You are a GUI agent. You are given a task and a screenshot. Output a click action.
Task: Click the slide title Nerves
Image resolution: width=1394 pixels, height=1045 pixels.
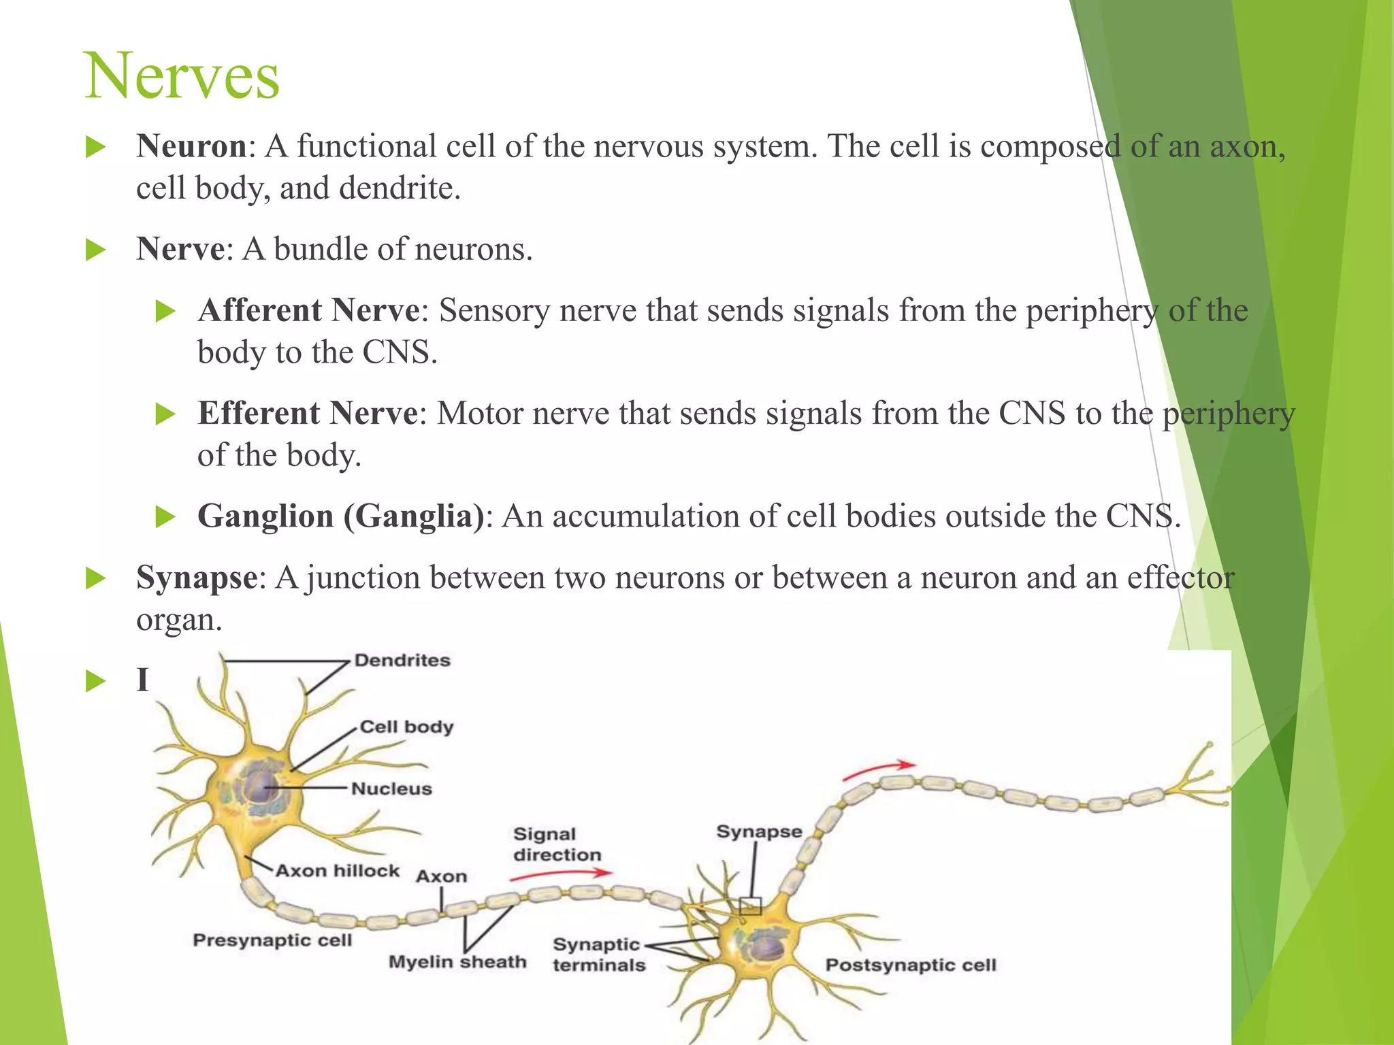pyautogui.click(x=182, y=76)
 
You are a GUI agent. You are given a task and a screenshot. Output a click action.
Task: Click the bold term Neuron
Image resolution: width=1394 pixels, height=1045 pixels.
pyautogui.click(x=191, y=146)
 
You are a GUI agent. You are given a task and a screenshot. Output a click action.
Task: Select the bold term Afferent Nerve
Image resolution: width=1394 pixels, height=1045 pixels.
pyautogui.click(x=309, y=311)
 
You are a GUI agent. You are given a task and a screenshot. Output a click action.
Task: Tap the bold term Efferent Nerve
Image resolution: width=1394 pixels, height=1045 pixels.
pyautogui.click(x=308, y=414)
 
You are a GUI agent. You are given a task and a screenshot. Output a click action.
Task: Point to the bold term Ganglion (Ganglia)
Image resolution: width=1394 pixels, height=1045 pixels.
pyautogui.click(x=341, y=516)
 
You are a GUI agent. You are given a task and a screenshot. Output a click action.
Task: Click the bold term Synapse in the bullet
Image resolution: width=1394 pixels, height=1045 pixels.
pyautogui.click(x=197, y=578)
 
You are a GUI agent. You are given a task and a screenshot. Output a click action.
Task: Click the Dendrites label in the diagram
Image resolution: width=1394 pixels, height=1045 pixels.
pyautogui.click(x=402, y=661)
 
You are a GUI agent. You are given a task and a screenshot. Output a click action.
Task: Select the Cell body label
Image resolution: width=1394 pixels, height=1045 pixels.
pyautogui.click(x=406, y=727)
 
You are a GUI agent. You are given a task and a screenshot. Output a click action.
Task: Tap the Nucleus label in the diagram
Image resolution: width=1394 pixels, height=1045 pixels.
pyautogui.click(x=391, y=789)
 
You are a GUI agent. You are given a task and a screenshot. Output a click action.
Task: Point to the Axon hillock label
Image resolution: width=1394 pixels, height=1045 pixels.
pyautogui.click(x=337, y=872)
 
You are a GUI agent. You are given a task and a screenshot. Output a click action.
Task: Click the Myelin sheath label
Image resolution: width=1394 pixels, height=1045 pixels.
pyautogui.click(x=457, y=962)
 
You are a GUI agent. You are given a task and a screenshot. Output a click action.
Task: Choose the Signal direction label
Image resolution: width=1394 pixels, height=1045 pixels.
pyautogui.click(x=557, y=844)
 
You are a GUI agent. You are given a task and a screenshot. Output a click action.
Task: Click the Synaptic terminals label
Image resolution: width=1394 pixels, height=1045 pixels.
pyautogui.click(x=598, y=955)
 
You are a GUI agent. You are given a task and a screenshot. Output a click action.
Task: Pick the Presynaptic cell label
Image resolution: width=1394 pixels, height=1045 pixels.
pyautogui.click(x=272, y=940)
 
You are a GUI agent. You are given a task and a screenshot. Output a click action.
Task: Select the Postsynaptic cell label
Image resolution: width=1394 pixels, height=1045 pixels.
pyautogui.click(x=911, y=965)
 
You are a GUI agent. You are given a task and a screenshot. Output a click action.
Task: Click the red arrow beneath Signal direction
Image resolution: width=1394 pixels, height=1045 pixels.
pyautogui.click(x=561, y=875)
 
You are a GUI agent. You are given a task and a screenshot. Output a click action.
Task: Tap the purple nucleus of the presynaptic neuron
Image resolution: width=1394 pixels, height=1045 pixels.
pyautogui.click(x=262, y=787)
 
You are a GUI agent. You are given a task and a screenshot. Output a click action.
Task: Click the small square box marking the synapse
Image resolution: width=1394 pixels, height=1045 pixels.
pyautogui.click(x=750, y=906)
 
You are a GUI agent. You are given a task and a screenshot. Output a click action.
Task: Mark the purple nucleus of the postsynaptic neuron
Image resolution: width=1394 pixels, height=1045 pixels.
pyautogui.click(x=767, y=946)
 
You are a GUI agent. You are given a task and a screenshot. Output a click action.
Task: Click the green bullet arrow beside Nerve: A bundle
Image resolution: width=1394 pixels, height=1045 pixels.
pyautogui.click(x=96, y=250)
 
